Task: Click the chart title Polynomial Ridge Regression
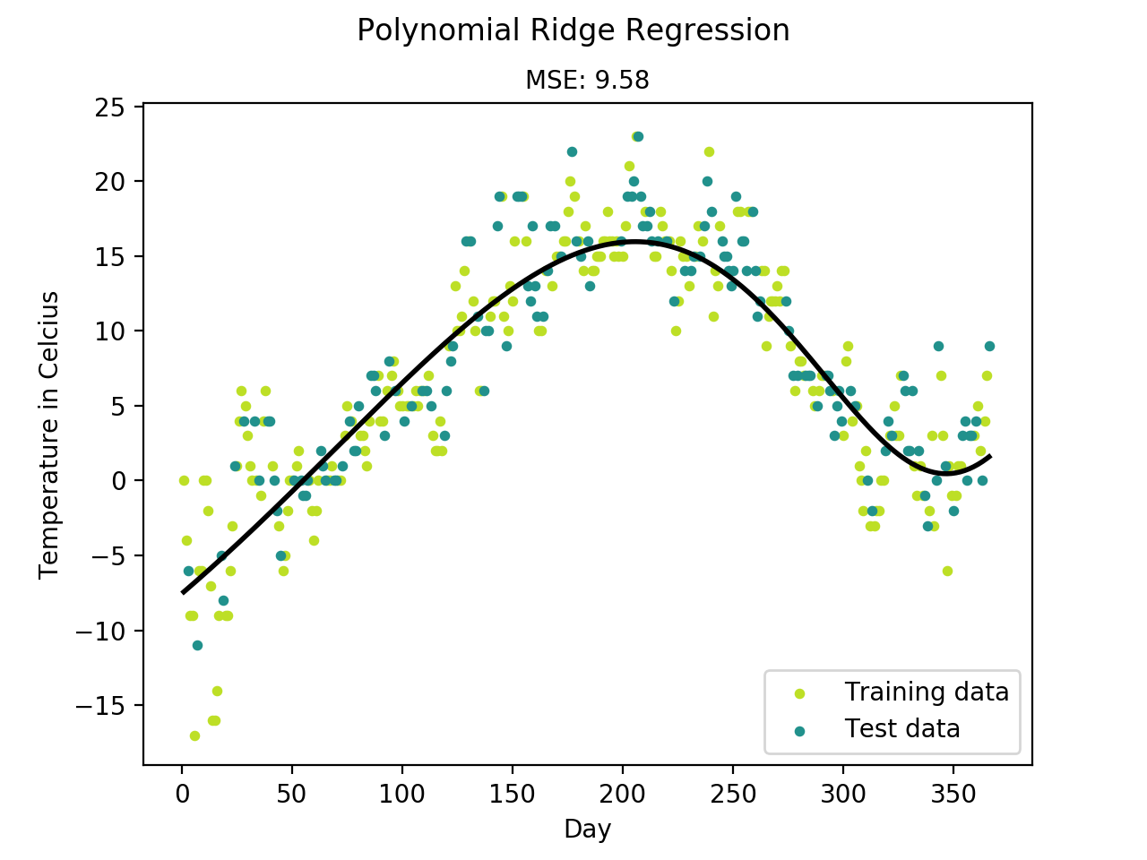coord(573,30)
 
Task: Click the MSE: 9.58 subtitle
coord(587,80)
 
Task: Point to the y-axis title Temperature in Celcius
coord(49,434)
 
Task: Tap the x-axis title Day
coord(587,829)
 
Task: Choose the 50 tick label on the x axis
coord(292,794)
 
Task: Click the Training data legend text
coord(927,692)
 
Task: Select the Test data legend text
coord(902,729)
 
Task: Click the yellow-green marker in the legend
coord(800,693)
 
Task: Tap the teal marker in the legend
coord(800,731)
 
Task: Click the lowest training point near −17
coord(194,735)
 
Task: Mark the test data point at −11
coord(197,645)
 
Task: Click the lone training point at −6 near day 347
coord(947,571)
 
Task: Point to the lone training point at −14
coord(217,691)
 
